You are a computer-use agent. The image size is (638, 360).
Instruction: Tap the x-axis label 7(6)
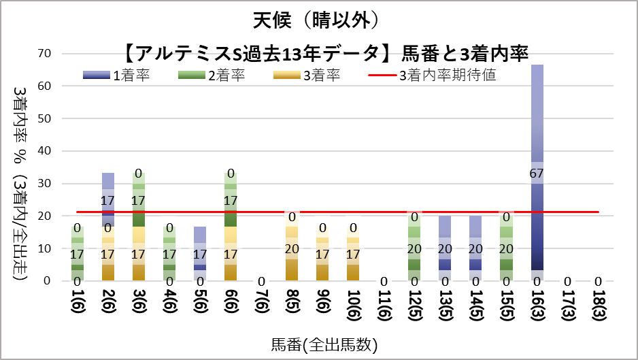click(x=261, y=304)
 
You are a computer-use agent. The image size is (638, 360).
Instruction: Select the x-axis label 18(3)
click(x=598, y=304)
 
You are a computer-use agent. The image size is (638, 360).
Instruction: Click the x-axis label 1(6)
click(x=77, y=304)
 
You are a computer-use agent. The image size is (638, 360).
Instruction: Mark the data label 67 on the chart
click(x=537, y=173)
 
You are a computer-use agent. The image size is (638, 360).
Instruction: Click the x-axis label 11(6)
click(x=384, y=304)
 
